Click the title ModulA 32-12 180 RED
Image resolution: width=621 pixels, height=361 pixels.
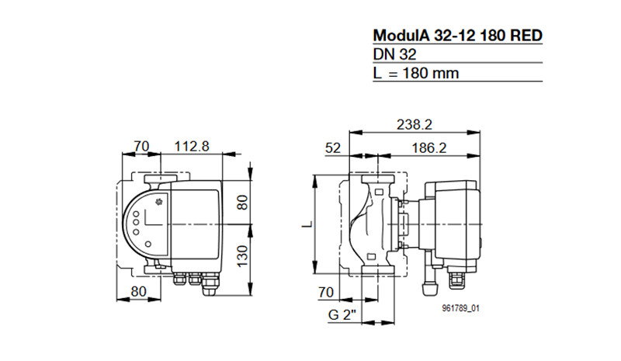click(x=457, y=36)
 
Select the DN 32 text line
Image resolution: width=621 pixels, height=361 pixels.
click(x=394, y=54)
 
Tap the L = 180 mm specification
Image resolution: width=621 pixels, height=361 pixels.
click(x=416, y=73)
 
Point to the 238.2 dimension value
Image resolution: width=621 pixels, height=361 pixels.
click(x=415, y=125)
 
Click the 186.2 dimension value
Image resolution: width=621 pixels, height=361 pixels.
click(x=429, y=148)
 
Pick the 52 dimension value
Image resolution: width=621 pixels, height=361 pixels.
click(x=333, y=148)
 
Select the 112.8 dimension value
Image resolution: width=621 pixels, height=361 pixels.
click(x=192, y=146)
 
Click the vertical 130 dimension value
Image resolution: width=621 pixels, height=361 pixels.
click(x=242, y=256)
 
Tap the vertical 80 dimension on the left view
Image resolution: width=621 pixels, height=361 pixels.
click(x=242, y=203)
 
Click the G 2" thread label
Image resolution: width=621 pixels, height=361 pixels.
click(x=342, y=315)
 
